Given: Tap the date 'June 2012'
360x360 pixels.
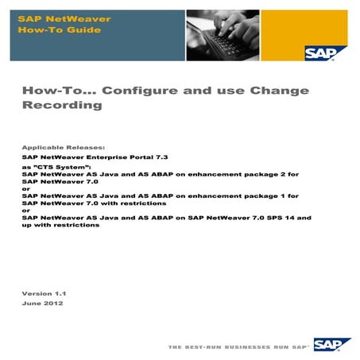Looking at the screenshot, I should [43, 304].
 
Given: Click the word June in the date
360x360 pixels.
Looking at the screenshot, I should [31, 304].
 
